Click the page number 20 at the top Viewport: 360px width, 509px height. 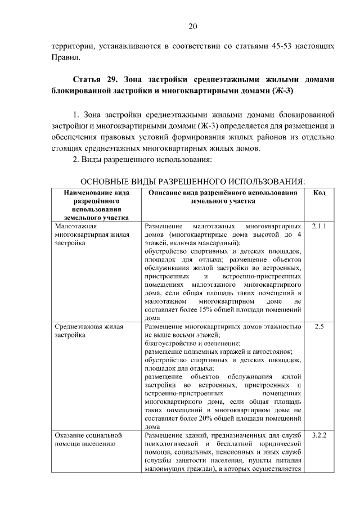point(192,26)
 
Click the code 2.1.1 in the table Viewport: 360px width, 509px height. point(319,226)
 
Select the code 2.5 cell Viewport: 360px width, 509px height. point(319,326)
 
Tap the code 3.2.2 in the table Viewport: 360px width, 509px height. point(319,435)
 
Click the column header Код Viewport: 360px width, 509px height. point(319,193)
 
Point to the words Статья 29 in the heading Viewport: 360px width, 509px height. point(96,79)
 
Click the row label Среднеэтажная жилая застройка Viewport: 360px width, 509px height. point(88,330)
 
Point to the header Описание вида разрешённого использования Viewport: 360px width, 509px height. point(223,197)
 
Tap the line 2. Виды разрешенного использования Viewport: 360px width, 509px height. point(143,160)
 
